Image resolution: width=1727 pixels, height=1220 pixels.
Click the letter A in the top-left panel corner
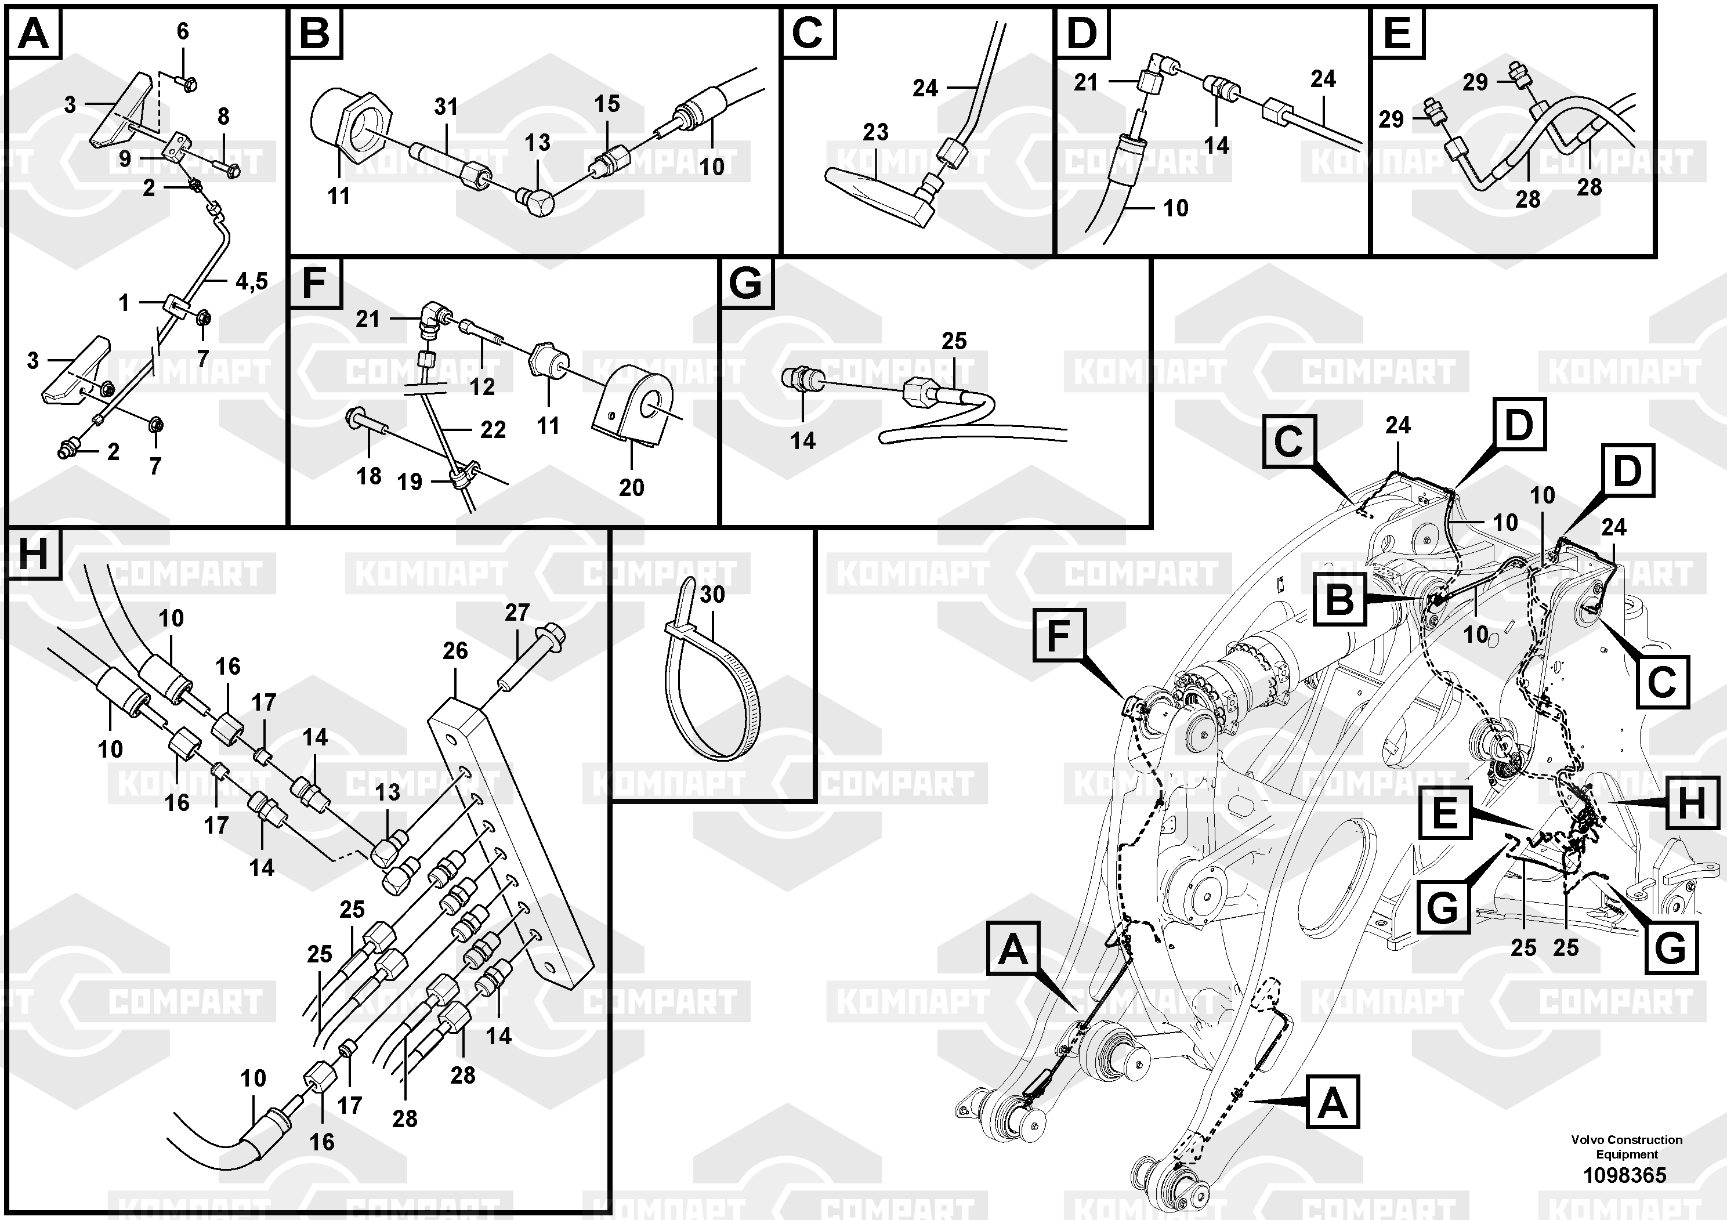33,33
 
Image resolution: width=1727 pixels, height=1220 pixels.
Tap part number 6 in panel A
183,31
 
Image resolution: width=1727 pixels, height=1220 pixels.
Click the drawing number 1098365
1625,1175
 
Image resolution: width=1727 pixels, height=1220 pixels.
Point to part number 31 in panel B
446,107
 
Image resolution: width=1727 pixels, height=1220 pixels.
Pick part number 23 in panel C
875,132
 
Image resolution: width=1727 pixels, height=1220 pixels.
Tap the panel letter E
1397,33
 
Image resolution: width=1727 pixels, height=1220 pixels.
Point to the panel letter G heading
746,284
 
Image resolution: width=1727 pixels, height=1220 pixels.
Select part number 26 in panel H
455,651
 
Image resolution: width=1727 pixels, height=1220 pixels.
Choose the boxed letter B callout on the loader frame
1339,600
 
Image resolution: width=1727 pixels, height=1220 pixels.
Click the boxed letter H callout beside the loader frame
1691,803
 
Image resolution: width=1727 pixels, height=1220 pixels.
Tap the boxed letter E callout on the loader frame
1444,813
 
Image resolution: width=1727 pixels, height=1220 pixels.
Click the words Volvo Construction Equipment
1626,1147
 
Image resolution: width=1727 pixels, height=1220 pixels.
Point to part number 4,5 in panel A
251,281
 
